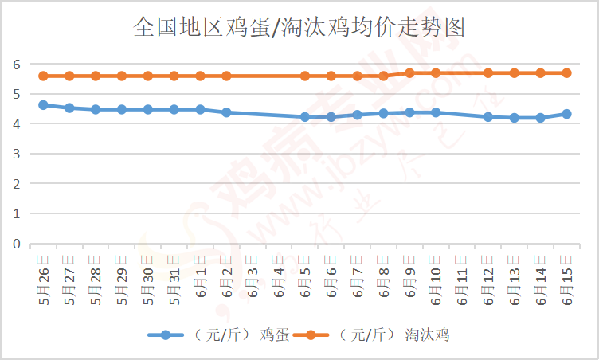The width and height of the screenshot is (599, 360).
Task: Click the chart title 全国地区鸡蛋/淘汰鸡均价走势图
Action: (x=299, y=29)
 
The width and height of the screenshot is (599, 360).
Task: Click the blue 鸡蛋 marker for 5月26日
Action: (x=43, y=104)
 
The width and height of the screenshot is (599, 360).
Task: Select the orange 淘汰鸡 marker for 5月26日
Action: (x=43, y=76)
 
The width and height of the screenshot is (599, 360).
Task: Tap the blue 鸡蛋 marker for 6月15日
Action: (x=566, y=114)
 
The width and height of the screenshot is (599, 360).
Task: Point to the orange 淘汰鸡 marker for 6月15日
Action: (x=566, y=72)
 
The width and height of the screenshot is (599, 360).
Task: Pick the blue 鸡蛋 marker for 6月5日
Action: (x=305, y=116)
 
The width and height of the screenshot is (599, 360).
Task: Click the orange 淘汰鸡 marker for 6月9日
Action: (x=409, y=72)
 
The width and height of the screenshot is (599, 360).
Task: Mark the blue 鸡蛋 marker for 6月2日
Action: (x=226, y=112)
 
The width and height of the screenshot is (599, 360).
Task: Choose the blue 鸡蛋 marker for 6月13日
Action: (x=514, y=118)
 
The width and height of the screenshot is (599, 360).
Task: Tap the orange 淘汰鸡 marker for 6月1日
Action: (x=200, y=76)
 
